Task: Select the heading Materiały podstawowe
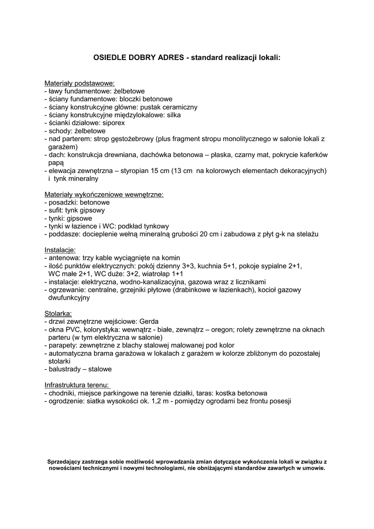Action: click(x=80, y=83)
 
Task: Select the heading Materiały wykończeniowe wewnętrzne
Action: click(x=104, y=195)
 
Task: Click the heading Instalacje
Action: click(x=60, y=250)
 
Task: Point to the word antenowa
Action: click(x=64, y=257)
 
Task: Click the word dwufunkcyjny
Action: click(x=69, y=298)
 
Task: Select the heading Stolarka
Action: click(x=58, y=314)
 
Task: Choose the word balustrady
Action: click(x=65, y=369)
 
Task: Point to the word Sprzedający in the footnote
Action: click(x=66, y=461)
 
